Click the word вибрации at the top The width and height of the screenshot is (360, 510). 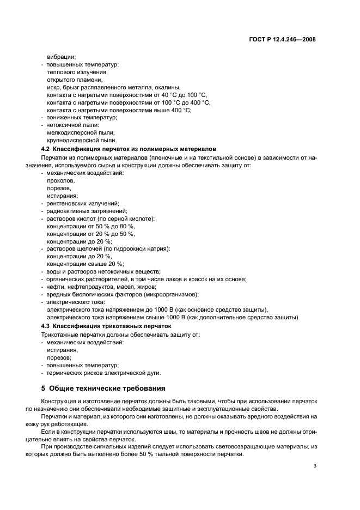point(62,57)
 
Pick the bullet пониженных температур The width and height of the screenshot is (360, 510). point(82,117)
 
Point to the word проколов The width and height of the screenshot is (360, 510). point(61,180)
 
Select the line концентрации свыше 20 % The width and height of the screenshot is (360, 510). point(86,264)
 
